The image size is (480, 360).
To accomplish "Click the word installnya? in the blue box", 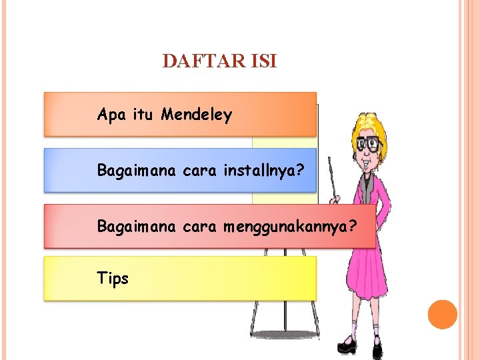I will pyautogui.click(x=265, y=171).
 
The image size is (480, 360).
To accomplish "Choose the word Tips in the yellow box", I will pyautogui.click(x=113, y=279).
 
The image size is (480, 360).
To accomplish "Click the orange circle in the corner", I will pyautogui.click(x=442, y=314).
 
